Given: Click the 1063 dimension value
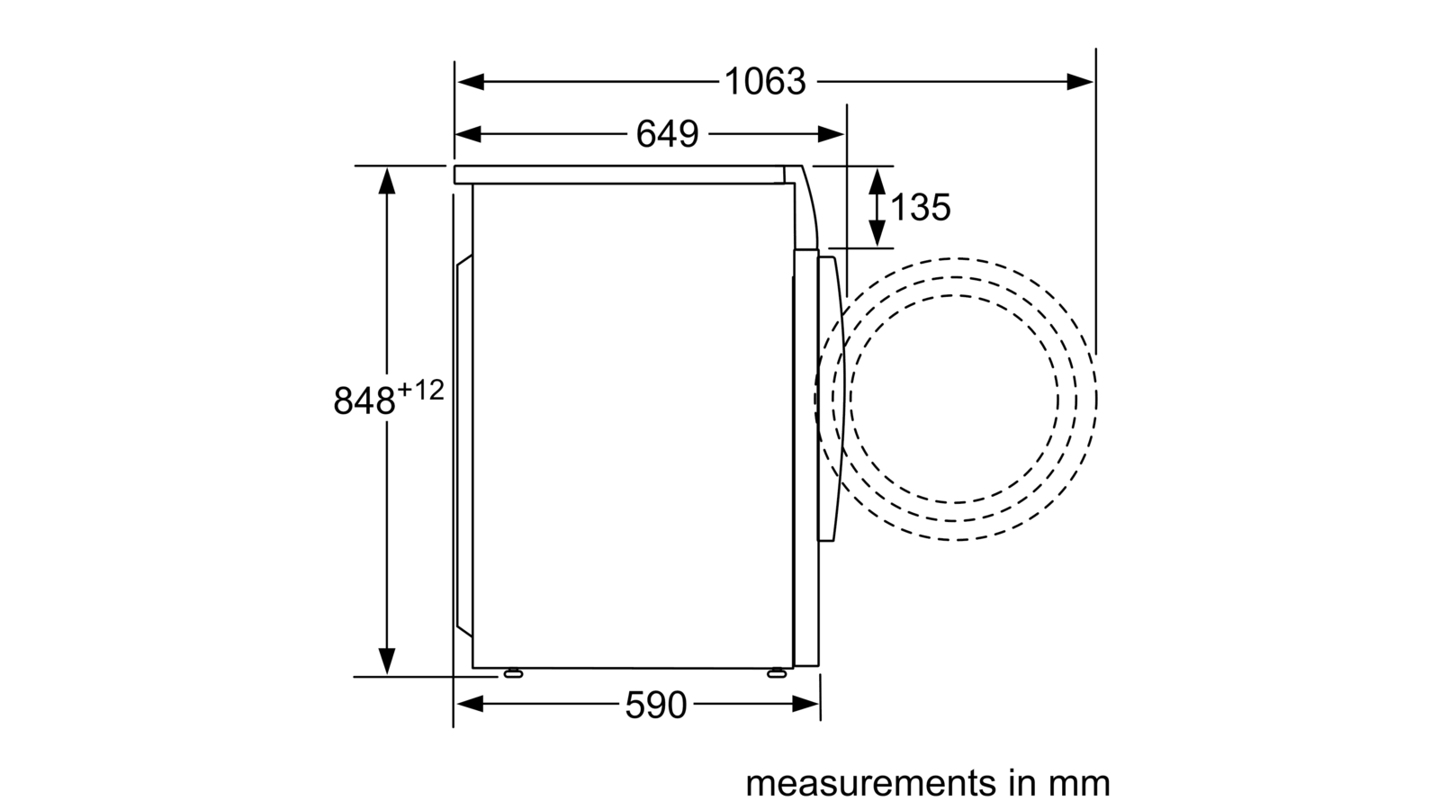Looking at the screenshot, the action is click(x=765, y=82).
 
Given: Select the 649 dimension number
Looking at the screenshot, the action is click(x=667, y=134).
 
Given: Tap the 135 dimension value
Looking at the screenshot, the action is click(x=921, y=207).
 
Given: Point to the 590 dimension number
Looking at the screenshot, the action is click(x=656, y=705).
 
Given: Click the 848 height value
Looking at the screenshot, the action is click(x=364, y=400).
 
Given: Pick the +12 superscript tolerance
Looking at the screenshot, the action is click(x=420, y=391).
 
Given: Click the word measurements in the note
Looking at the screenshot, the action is click(x=870, y=783).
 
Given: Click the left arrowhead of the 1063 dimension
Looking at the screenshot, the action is click(x=470, y=82).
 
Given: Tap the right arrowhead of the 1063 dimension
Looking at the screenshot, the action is click(x=1080, y=82).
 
